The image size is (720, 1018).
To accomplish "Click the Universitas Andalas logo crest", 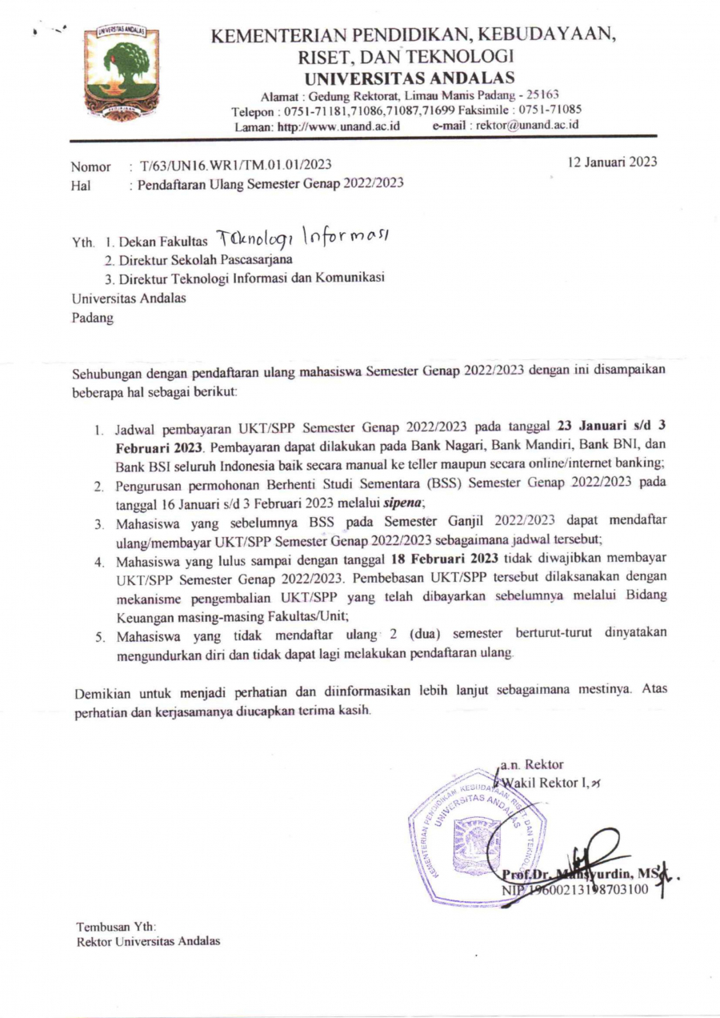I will [x=122, y=73].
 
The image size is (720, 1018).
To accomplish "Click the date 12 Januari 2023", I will [x=610, y=162].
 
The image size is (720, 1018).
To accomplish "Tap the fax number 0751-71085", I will [x=550, y=110].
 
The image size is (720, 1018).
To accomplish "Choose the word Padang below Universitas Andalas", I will [x=92, y=316].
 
